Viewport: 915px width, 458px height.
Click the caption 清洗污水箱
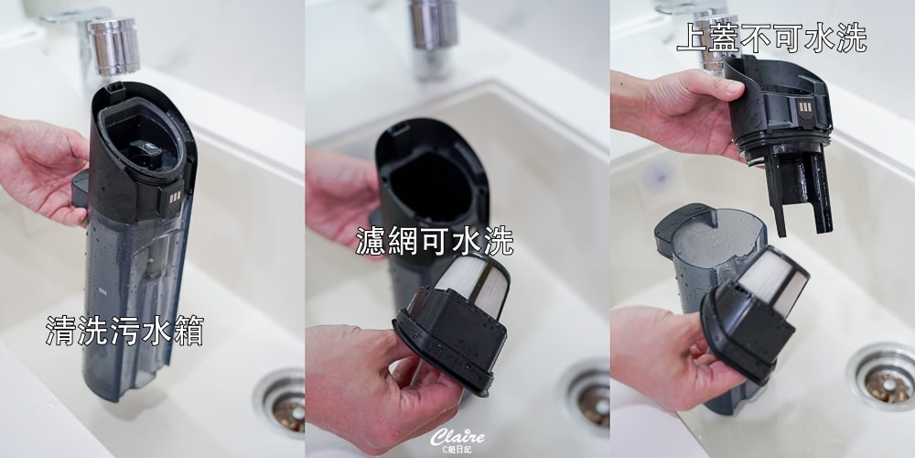[124, 330]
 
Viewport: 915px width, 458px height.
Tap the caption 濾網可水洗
[435, 240]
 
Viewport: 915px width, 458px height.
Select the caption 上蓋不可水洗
[771, 38]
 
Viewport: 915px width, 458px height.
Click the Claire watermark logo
[457, 441]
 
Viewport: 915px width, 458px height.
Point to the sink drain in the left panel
[282, 402]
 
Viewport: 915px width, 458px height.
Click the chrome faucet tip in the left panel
[113, 46]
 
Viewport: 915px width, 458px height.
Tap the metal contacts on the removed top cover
[804, 108]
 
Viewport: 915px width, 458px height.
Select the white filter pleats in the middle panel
[474, 284]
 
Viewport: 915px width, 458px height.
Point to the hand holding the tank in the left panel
[42, 169]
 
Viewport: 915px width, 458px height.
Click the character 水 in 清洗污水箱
[156, 330]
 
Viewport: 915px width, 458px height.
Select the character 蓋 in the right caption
[724, 38]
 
